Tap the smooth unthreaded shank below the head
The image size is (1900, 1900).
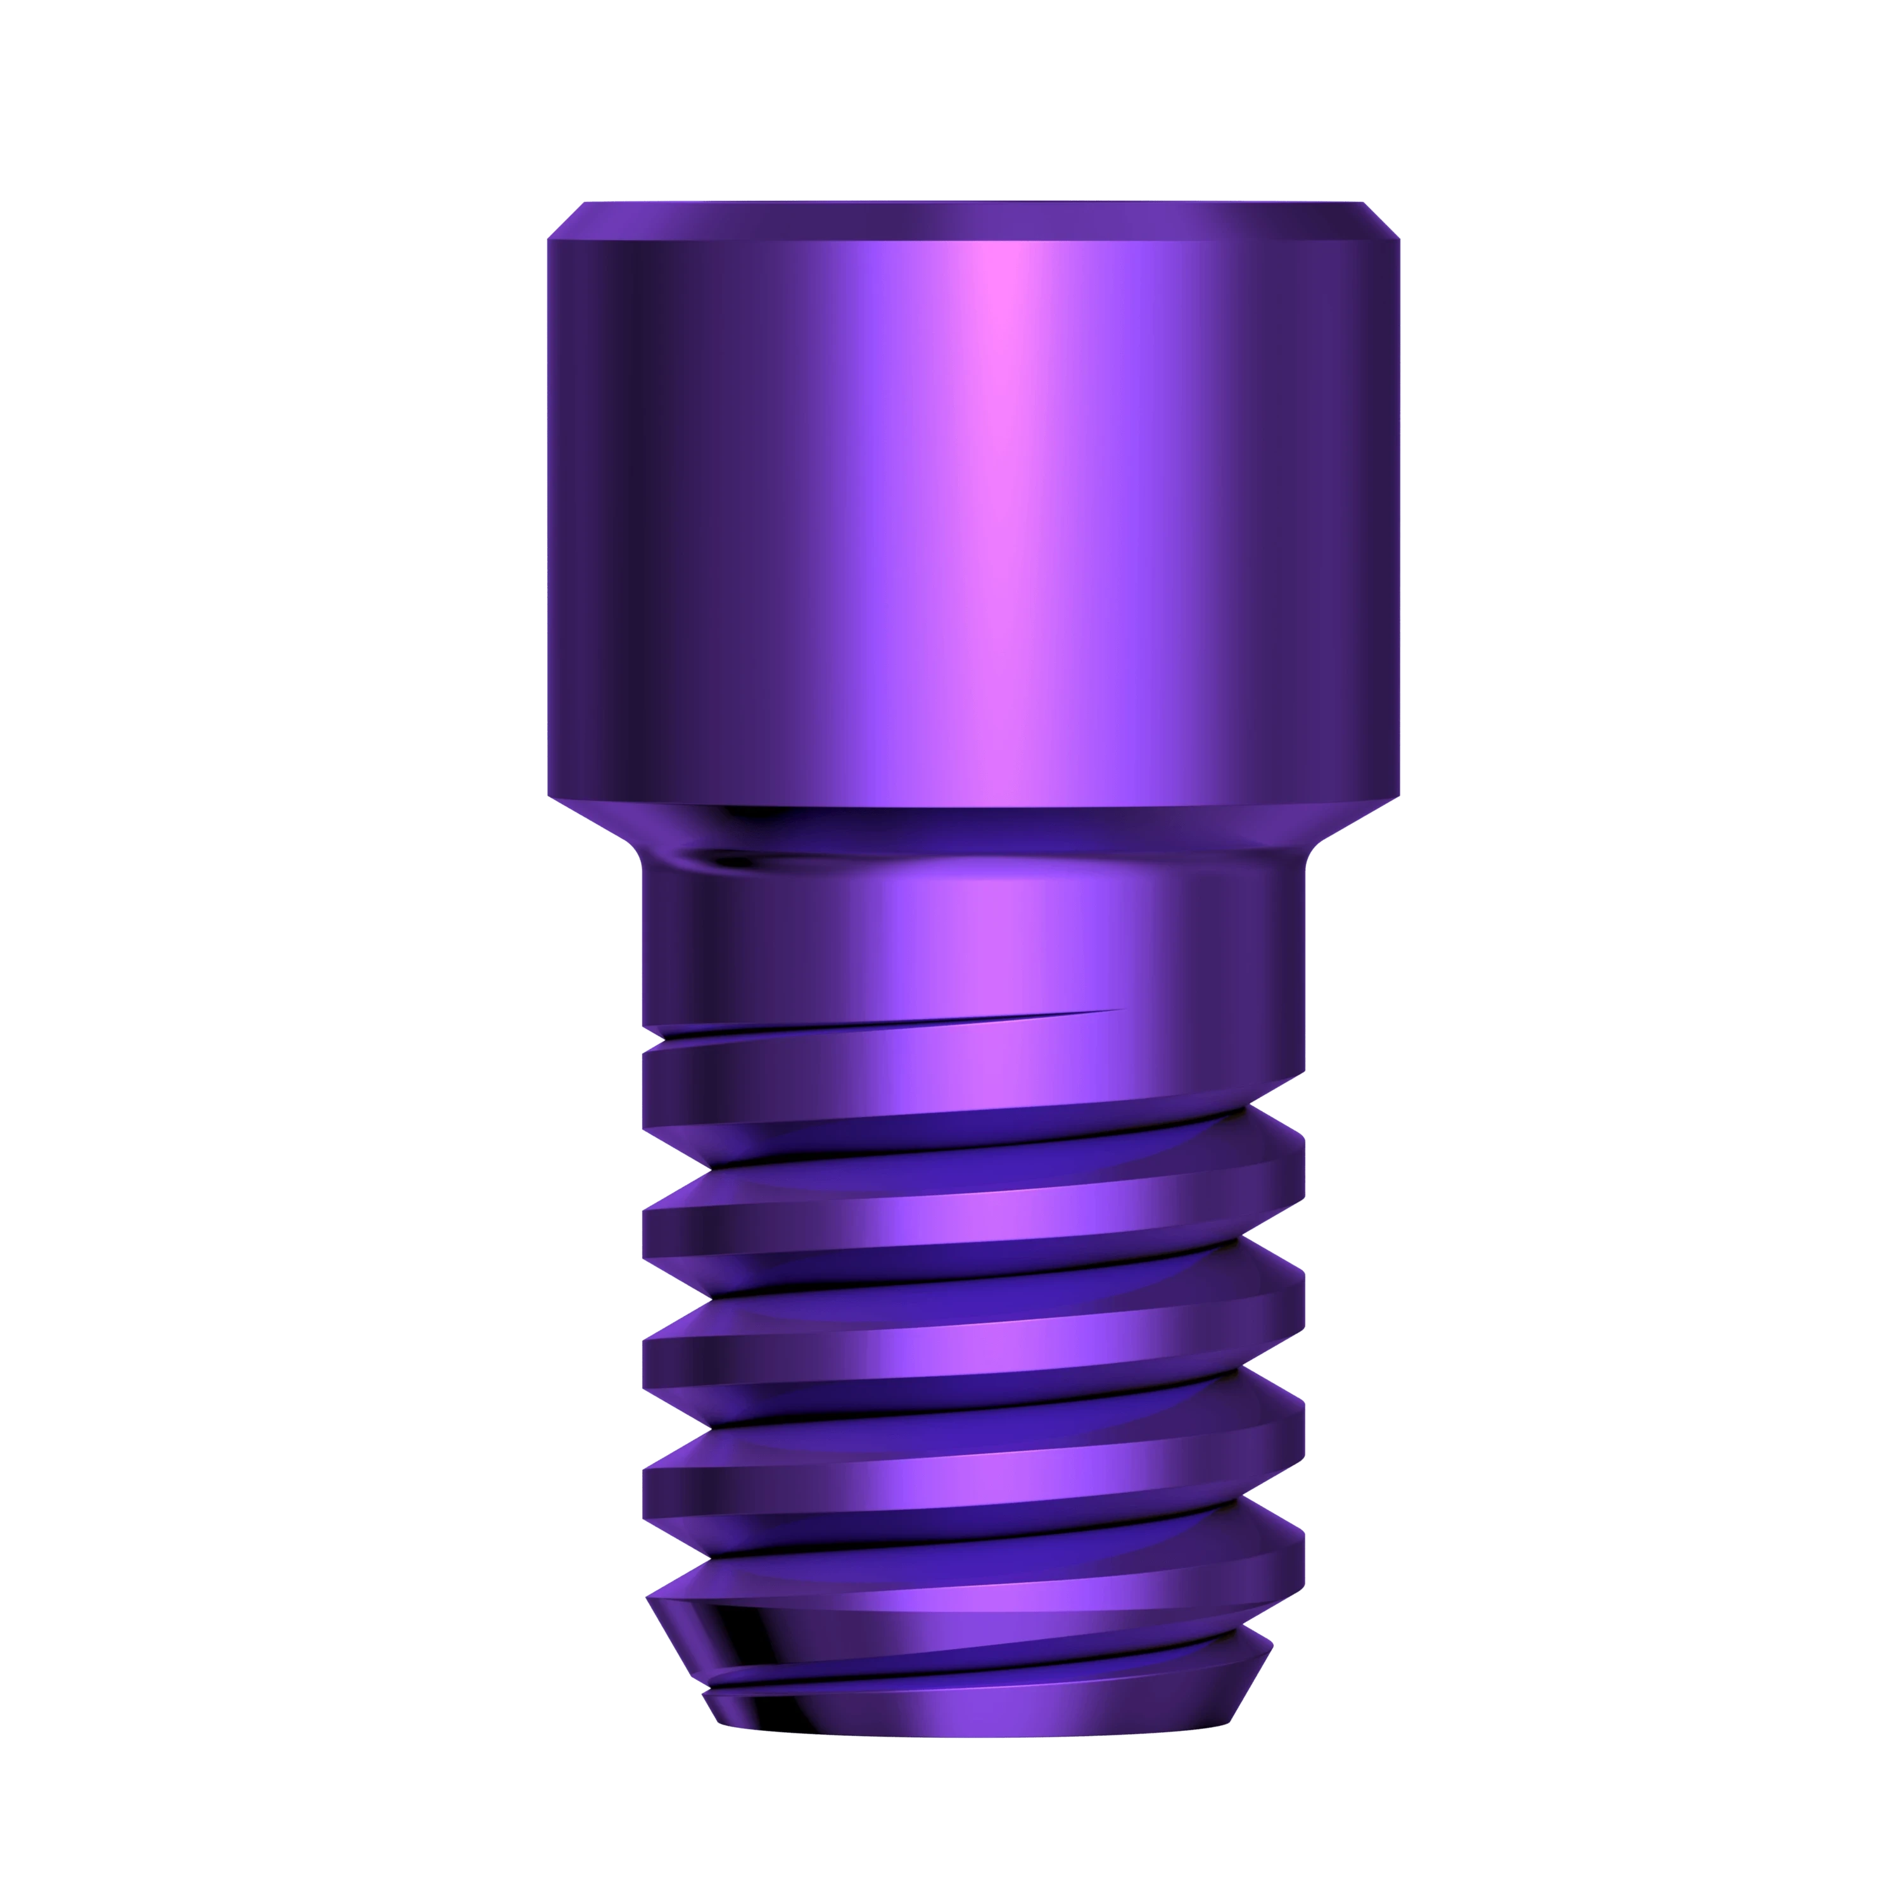[x=973, y=934]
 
